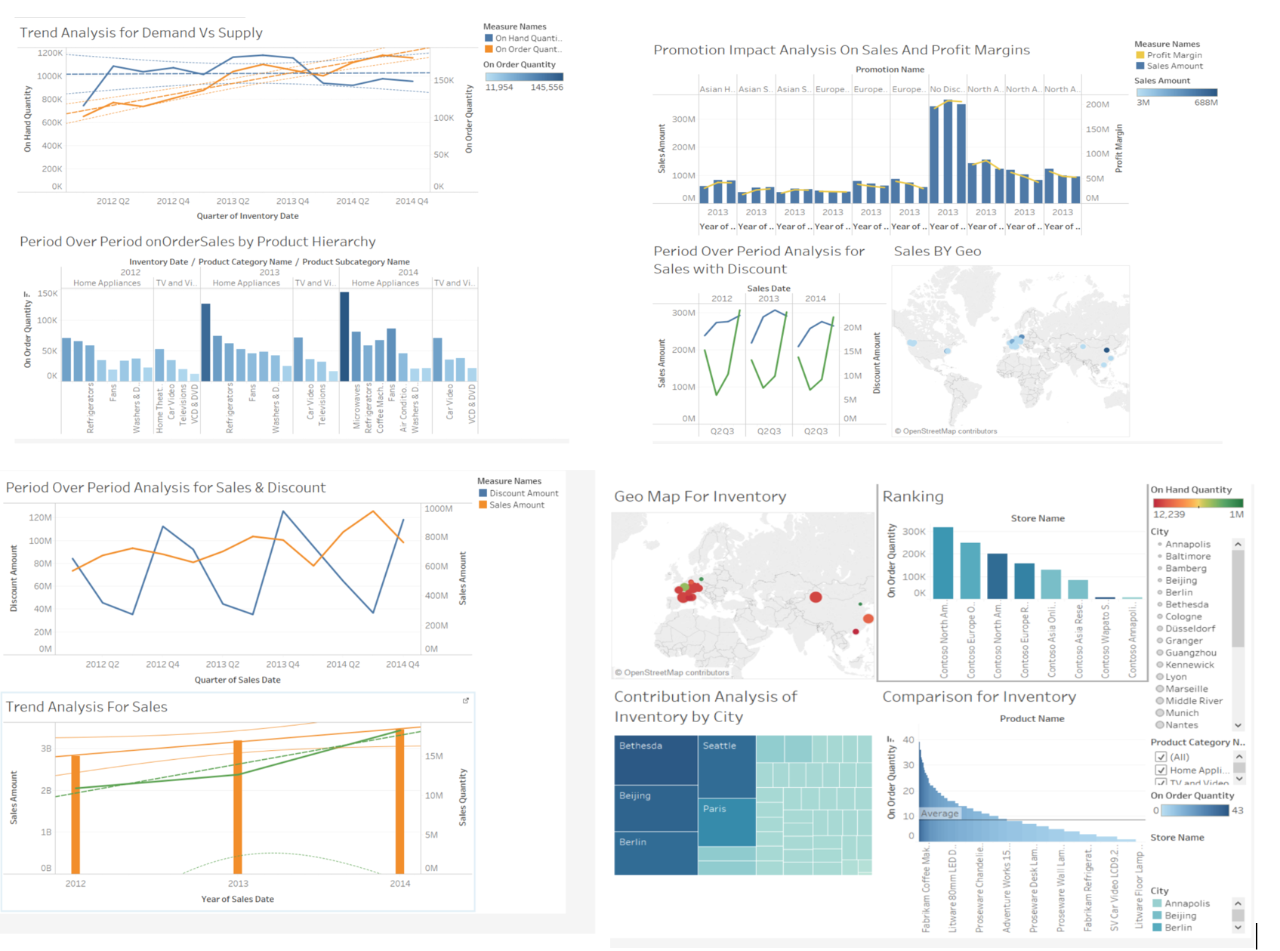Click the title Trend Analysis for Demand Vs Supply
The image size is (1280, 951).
click(x=141, y=32)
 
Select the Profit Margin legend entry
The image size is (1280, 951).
click(x=1174, y=55)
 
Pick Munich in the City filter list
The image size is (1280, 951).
click(x=1181, y=713)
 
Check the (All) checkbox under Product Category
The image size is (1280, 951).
click(x=1161, y=757)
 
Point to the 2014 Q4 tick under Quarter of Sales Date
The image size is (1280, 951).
click(x=403, y=665)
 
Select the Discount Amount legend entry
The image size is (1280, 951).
click(x=523, y=493)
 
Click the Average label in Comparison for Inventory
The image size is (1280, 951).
click(x=939, y=814)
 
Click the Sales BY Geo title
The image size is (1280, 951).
click(x=937, y=252)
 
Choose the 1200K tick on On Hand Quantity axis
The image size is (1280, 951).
click(x=50, y=53)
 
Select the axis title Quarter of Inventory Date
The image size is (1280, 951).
click(x=248, y=216)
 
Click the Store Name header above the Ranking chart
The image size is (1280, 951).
click(x=1038, y=518)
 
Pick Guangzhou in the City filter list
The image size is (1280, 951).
click(x=1190, y=653)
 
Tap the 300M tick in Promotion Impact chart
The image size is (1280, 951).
click(x=683, y=119)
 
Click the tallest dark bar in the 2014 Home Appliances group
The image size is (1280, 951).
click(x=344, y=336)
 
